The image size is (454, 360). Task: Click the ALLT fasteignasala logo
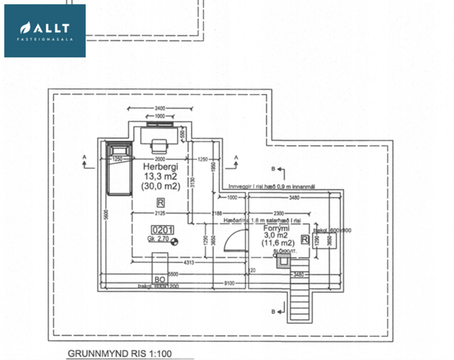(x=45, y=31)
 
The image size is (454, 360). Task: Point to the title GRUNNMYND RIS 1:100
(x=120, y=352)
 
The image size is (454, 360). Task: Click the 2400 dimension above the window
(x=160, y=109)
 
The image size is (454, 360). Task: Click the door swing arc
(x=233, y=239)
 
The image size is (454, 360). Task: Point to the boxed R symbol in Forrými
(x=305, y=240)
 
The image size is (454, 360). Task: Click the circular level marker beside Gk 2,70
(x=174, y=240)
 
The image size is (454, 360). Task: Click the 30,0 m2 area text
(x=161, y=186)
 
